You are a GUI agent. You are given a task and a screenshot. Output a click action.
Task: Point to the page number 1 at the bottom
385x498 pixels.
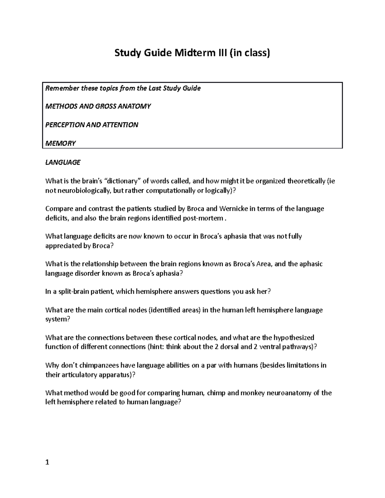tap(47, 462)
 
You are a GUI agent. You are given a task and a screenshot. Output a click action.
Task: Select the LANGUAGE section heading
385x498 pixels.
tap(63, 162)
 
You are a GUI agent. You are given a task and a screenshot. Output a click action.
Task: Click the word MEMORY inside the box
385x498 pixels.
tap(60, 143)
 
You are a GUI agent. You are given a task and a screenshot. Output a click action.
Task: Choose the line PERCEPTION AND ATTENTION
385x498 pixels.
tap(92, 125)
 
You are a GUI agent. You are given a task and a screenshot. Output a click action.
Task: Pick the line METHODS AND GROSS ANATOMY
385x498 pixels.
tap(98, 106)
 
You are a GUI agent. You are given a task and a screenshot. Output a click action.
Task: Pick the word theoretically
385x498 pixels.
tap(306, 181)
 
